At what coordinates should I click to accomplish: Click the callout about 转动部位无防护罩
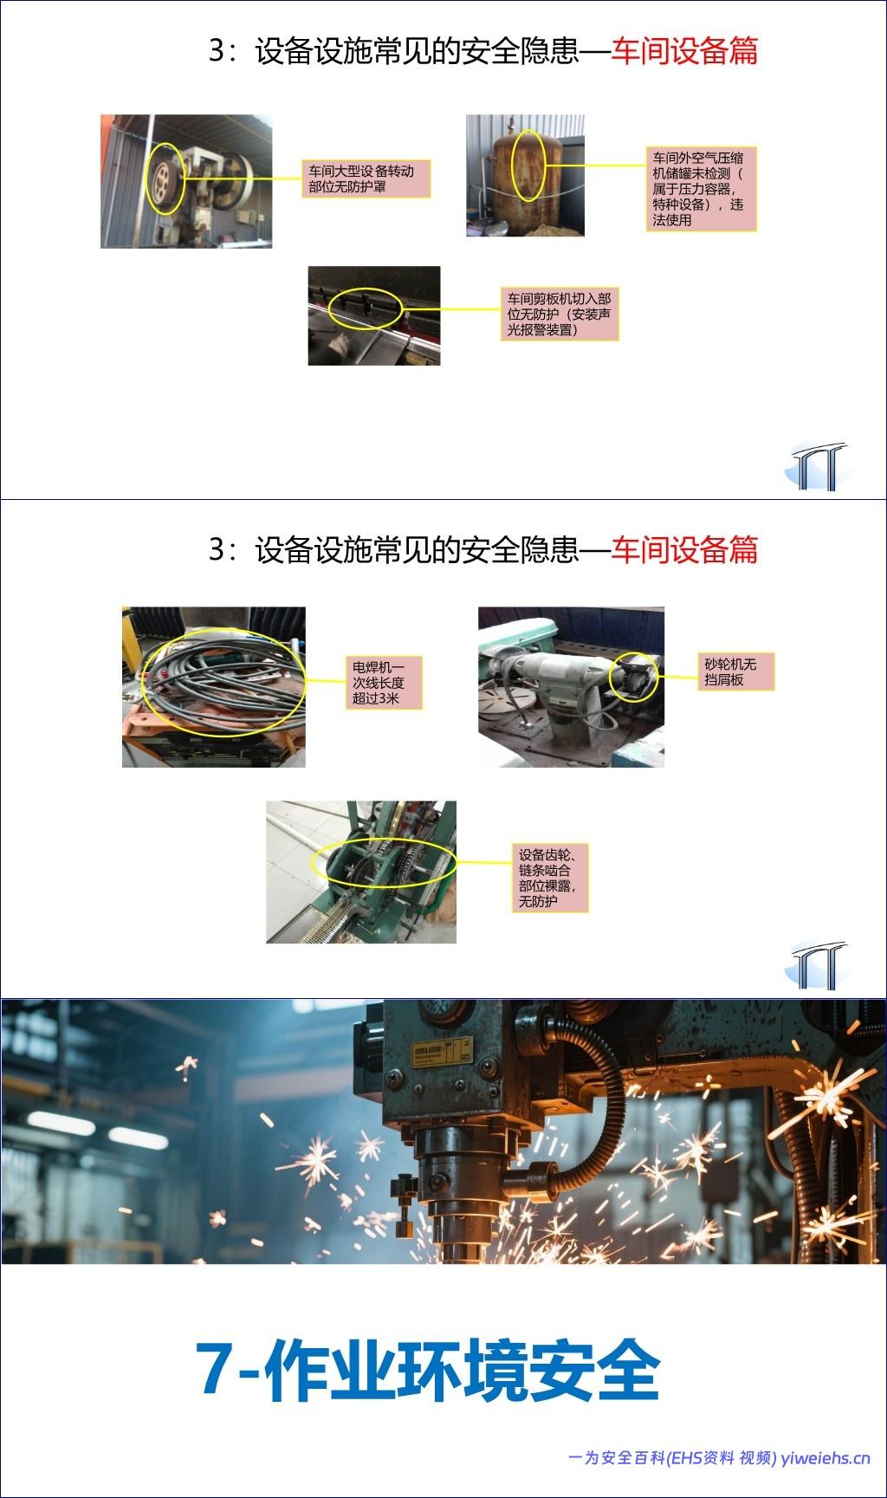tap(366, 178)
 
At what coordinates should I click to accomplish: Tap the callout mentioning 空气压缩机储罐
tap(702, 188)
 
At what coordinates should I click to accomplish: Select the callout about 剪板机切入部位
tap(560, 313)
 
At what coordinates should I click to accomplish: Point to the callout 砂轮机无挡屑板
tap(735, 671)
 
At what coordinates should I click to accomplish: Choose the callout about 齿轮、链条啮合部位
tap(549, 877)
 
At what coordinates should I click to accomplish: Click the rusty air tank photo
tap(525, 175)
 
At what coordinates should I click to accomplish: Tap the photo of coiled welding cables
tap(214, 686)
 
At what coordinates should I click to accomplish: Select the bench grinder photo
tap(571, 686)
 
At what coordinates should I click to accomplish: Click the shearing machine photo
tap(374, 315)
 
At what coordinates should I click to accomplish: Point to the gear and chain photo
tap(361, 872)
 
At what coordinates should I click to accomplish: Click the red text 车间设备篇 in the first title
tap(684, 51)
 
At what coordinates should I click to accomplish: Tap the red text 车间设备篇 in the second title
tap(684, 549)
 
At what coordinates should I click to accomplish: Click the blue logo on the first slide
tap(817, 466)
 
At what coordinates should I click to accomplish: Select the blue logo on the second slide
tap(817, 965)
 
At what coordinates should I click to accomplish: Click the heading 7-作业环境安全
tap(428, 1371)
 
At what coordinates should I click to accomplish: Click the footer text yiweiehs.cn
tap(825, 1457)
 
